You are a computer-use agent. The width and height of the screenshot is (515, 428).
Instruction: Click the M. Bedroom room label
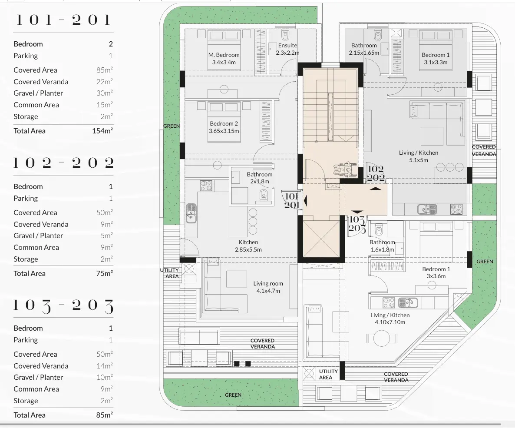(224, 58)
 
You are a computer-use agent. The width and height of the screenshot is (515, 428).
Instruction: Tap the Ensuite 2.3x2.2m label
(287, 49)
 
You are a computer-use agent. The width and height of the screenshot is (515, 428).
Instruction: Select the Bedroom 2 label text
(224, 127)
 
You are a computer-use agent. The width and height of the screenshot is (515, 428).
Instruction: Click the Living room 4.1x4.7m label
(268, 287)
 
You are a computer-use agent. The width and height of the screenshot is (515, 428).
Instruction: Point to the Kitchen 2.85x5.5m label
(248, 246)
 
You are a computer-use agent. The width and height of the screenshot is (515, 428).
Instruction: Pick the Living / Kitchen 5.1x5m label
(419, 156)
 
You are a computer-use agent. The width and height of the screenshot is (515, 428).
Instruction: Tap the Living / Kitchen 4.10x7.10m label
(390, 319)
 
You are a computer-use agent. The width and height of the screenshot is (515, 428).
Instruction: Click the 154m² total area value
(102, 131)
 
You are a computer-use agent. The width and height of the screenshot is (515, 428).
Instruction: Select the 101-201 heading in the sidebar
(63, 20)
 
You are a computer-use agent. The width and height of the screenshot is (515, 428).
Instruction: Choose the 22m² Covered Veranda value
(105, 82)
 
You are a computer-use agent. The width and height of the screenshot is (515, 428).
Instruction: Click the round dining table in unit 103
(381, 338)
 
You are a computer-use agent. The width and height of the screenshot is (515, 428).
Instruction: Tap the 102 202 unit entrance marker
(376, 173)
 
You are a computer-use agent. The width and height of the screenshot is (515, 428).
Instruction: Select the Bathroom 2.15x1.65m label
(364, 49)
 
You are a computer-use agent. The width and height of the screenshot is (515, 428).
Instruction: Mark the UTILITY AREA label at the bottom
(328, 374)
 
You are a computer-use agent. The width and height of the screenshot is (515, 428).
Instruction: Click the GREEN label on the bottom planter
(233, 395)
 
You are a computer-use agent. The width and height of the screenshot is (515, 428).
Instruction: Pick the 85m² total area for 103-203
(104, 415)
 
